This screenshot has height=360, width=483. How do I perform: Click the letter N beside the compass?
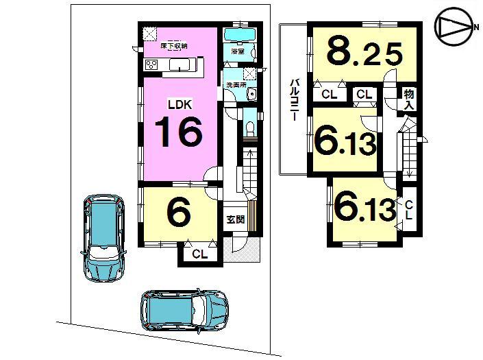pos(475,27)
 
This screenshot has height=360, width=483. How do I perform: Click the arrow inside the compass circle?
pos(452,27)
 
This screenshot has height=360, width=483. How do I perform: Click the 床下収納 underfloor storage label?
pos(174,47)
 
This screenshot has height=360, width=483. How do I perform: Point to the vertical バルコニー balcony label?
pos(293,100)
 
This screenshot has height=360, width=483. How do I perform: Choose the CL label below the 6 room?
pos(199,255)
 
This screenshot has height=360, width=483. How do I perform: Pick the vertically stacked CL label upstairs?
pos(408,208)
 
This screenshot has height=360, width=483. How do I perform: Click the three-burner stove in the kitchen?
pos(151,66)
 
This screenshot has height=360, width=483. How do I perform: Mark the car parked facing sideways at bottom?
pos(183,309)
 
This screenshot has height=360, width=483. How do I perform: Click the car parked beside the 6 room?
pos(103,237)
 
